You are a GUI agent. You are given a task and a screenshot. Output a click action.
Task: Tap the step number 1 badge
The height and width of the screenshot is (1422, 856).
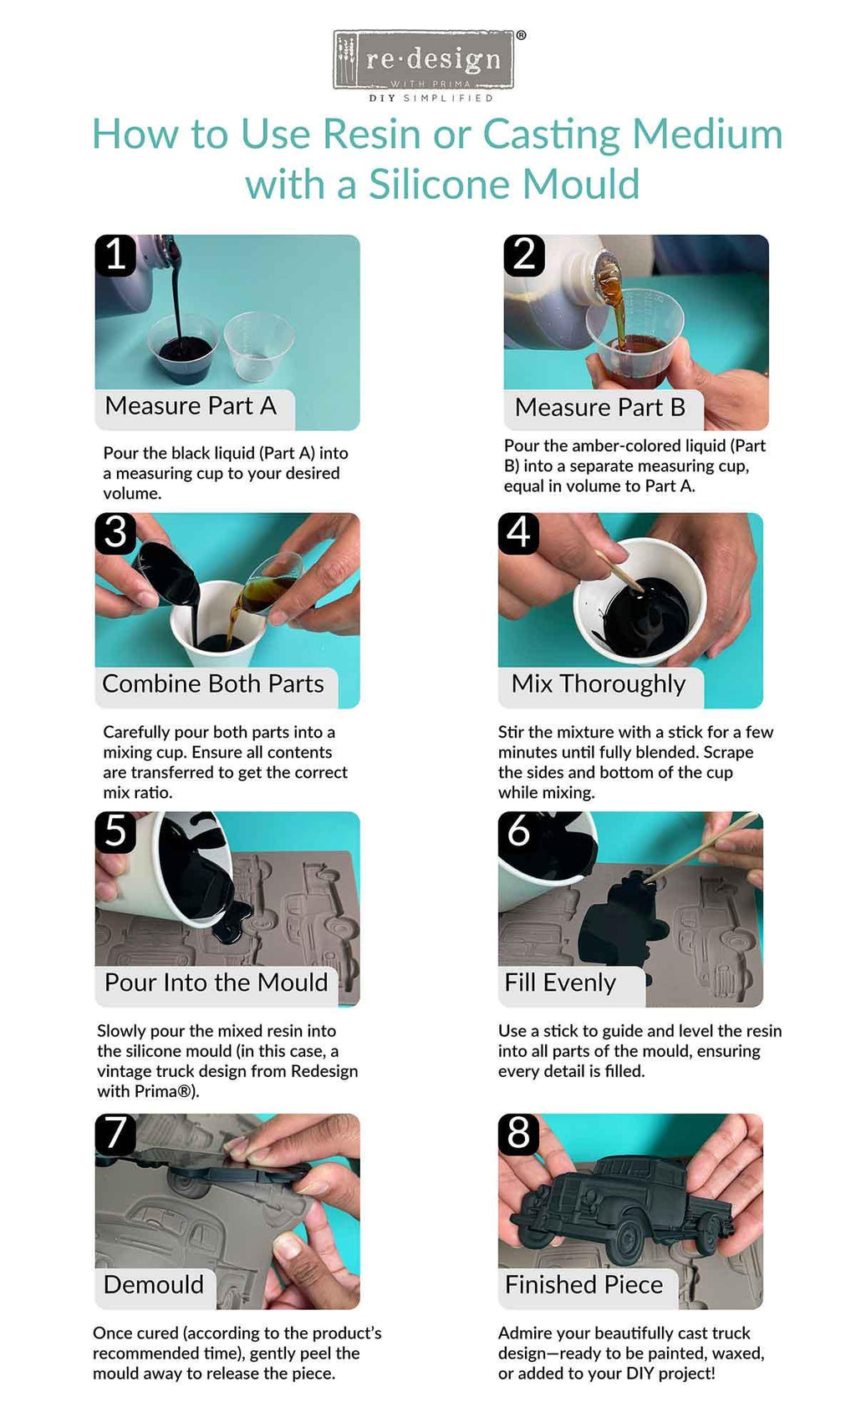(x=115, y=255)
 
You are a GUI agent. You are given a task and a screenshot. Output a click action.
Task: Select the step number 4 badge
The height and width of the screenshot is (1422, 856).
(x=519, y=533)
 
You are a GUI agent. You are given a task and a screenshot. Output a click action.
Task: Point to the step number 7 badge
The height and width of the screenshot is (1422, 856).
(x=115, y=1134)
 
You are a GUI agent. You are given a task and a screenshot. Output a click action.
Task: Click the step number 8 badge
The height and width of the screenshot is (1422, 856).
(x=519, y=1134)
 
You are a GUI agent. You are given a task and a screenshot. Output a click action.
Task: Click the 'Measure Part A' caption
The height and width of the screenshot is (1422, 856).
(x=191, y=406)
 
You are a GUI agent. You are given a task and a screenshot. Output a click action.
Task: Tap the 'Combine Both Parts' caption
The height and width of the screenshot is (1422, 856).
(x=212, y=683)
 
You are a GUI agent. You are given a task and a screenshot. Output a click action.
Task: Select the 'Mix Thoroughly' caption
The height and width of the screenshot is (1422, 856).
(x=599, y=684)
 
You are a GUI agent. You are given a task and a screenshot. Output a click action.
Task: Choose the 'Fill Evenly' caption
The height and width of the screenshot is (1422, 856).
(x=560, y=983)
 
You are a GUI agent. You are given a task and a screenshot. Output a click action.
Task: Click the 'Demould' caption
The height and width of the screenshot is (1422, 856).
(x=154, y=1284)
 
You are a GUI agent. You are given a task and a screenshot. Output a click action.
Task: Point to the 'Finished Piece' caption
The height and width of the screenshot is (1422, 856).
(x=583, y=1284)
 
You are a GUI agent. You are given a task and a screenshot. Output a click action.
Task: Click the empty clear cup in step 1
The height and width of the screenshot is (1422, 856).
(x=258, y=347)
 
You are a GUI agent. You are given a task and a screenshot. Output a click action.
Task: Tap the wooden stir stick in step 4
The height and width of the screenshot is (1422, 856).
(x=619, y=571)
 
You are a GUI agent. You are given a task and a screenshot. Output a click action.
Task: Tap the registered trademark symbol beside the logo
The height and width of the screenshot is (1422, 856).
(x=521, y=36)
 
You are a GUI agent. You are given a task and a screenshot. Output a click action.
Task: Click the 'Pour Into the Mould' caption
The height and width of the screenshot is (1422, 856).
(x=216, y=983)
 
